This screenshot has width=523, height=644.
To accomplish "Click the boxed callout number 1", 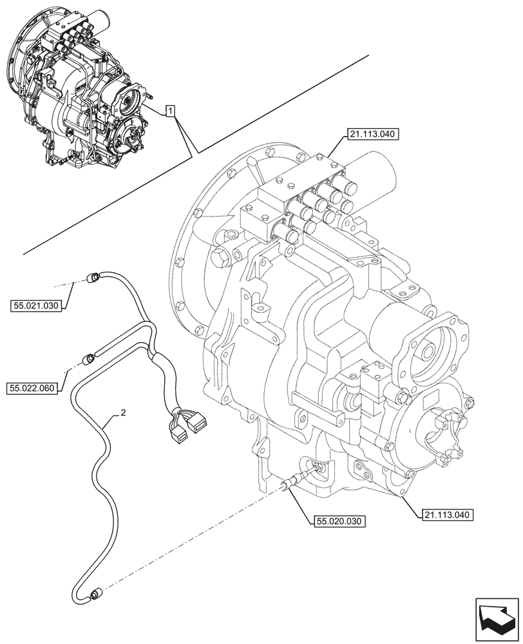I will (x=169, y=111).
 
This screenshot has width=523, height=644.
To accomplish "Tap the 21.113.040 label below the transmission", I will (x=449, y=514).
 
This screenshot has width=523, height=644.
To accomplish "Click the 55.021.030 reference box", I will (x=36, y=306).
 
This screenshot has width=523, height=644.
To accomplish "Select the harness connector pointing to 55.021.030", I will (x=92, y=278).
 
